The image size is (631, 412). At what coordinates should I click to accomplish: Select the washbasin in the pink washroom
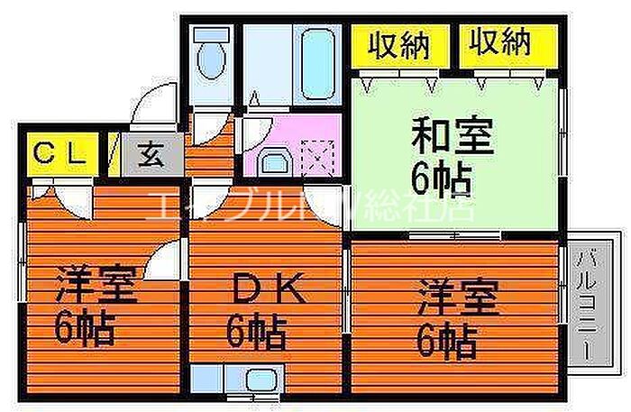[271, 162]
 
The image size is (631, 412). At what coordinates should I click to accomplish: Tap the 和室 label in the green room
[453, 140]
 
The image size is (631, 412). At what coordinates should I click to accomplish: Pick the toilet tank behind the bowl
[212, 37]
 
